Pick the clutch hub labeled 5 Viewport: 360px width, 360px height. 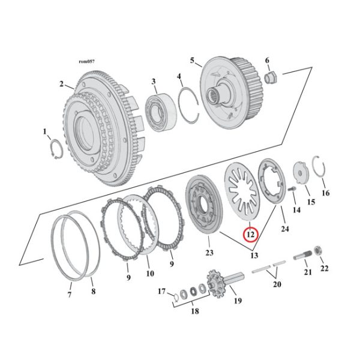[270, 76]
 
